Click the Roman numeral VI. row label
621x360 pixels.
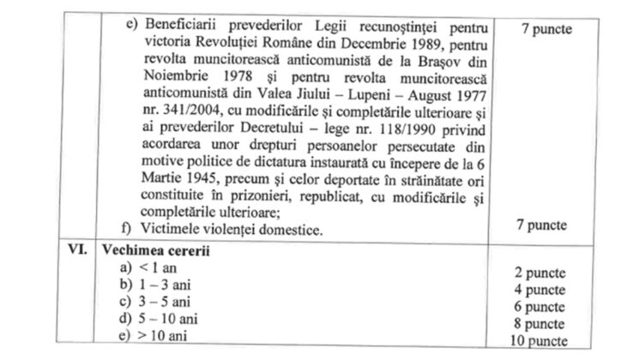[80, 254]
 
